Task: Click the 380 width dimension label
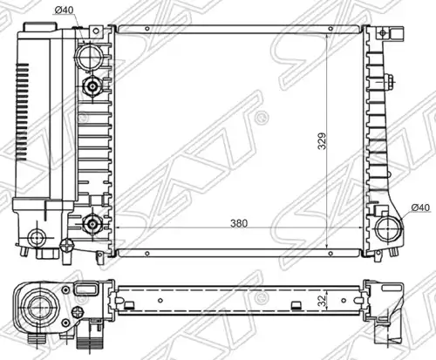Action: coord(239,223)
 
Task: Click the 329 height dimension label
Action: coord(322,141)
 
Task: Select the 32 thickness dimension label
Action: coord(322,301)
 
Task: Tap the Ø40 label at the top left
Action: coord(64,10)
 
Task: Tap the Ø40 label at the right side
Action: coord(420,207)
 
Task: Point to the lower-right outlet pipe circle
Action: coord(389,228)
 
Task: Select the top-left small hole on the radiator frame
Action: coord(147,29)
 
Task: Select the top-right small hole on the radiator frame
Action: coord(330,29)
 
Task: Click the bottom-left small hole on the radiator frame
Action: coord(147,254)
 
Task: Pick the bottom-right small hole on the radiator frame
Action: coord(330,254)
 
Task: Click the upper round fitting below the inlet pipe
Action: coord(92,86)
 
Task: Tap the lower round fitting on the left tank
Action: coord(92,224)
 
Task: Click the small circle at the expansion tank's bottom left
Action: coord(37,237)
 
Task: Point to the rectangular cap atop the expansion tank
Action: coord(39,27)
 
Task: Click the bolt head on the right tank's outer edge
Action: coord(389,82)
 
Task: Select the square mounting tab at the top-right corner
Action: coord(397,33)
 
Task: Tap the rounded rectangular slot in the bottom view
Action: coord(85,289)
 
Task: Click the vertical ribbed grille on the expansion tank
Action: coord(22,112)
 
